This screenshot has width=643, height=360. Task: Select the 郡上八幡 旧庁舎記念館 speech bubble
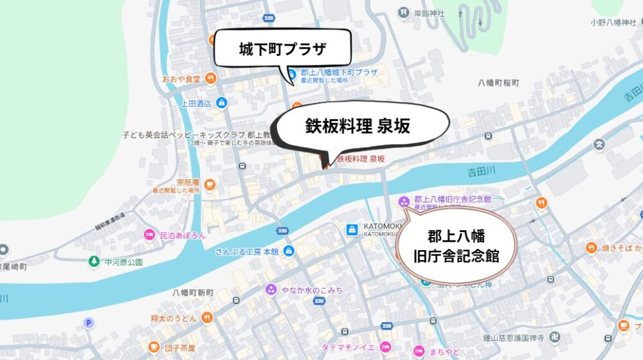click(456, 245)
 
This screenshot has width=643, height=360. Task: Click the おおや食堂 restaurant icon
click(212, 80)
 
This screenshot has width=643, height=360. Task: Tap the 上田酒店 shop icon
click(221, 102)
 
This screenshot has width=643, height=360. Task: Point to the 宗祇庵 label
click(189, 182)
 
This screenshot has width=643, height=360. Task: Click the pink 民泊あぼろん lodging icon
click(149, 235)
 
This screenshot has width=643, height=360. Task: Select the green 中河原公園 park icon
click(95, 262)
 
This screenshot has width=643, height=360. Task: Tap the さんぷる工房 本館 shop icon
click(289, 251)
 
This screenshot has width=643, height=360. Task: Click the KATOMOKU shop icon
click(352, 230)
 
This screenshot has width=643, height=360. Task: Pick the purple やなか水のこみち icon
click(271, 290)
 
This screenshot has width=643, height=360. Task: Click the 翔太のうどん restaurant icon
click(207, 317)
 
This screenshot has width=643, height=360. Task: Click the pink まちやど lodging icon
click(419, 351)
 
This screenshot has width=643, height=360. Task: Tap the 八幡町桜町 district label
click(498, 84)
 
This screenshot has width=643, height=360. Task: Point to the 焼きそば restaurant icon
click(591, 248)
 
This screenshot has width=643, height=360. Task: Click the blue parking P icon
click(89, 323)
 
